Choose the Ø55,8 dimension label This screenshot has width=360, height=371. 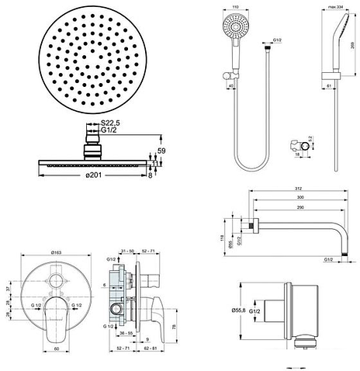(x=240, y=310)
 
